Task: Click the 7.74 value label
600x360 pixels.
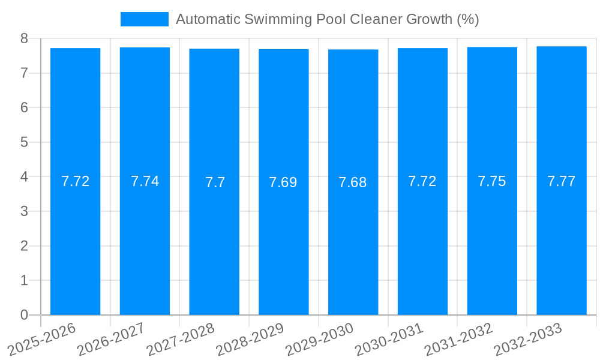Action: click(145, 181)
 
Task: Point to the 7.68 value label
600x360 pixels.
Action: click(353, 182)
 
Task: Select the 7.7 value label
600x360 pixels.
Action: click(215, 182)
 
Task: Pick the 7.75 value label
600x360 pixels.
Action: click(492, 181)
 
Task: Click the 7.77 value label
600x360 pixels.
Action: click(562, 181)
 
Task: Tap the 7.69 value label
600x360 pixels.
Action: click(283, 182)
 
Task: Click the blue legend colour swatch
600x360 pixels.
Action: click(145, 19)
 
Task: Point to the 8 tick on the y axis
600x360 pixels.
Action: click(24, 38)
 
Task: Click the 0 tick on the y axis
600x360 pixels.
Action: click(24, 315)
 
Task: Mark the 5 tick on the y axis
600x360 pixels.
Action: click(24, 142)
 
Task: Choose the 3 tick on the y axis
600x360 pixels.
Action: click(24, 211)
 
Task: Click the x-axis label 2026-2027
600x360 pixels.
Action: click(110, 339)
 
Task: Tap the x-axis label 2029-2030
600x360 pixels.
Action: click(319, 339)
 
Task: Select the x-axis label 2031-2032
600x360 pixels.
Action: click(458, 339)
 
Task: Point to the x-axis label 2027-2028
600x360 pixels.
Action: click(180, 339)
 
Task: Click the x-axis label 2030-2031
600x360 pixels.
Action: click(388, 339)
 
